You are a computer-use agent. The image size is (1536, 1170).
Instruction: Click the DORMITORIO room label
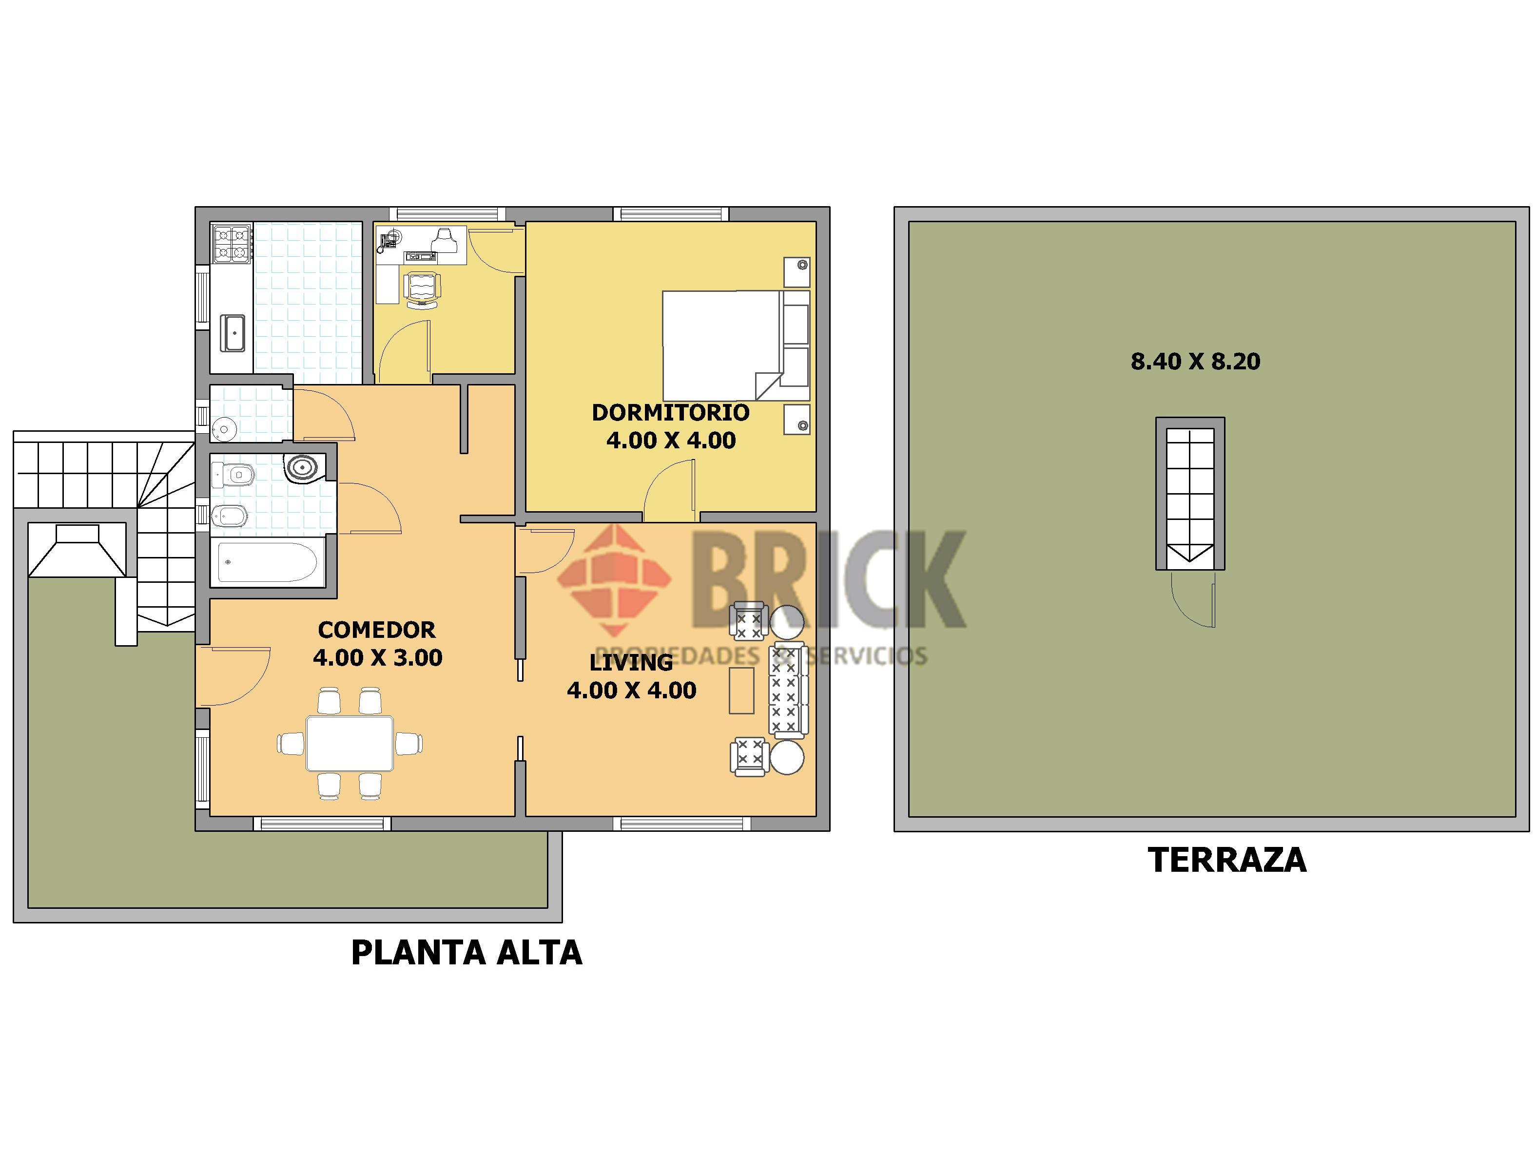point(670,412)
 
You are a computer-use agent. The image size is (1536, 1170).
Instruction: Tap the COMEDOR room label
point(376,630)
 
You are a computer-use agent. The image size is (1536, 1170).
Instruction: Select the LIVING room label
point(631,662)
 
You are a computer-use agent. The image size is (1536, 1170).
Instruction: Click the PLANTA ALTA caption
point(466,953)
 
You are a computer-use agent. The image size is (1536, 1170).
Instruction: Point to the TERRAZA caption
point(1227,860)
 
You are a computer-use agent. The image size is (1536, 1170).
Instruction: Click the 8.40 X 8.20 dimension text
point(1195,362)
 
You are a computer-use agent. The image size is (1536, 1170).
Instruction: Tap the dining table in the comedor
point(350,743)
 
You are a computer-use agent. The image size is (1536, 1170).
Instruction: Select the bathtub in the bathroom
point(268,562)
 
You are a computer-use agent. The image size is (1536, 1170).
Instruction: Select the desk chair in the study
point(423,288)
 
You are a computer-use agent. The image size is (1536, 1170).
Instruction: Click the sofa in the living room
point(788,690)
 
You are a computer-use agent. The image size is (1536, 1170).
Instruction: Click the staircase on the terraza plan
point(1190,494)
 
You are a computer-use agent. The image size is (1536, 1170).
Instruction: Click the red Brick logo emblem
point(614,579)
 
